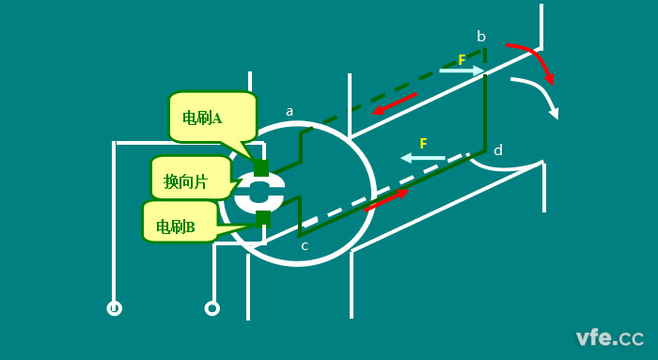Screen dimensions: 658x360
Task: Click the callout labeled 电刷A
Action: point(211,117)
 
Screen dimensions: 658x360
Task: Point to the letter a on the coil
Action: point(290,111)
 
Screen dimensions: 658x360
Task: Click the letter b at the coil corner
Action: point(481,37)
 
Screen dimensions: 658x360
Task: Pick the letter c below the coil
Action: point(305,245)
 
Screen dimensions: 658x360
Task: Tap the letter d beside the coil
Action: point(498,149)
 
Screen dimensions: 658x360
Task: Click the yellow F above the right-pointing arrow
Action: point(462,59)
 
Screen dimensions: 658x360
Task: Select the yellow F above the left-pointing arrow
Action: point(423,143)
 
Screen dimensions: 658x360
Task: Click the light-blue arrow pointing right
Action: point(462,71)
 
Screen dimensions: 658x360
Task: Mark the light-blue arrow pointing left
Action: point(423,157)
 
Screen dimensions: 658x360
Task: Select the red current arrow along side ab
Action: point(395,103)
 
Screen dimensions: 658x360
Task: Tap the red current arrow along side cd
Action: point(386,199)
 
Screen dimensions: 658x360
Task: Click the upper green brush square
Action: point(261,168)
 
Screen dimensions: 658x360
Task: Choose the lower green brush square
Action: point(262,218)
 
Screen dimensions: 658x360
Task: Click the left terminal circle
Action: point(115,307)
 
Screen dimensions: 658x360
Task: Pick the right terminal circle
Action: point(212,307)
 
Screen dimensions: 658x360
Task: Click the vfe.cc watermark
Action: point(609,337)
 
